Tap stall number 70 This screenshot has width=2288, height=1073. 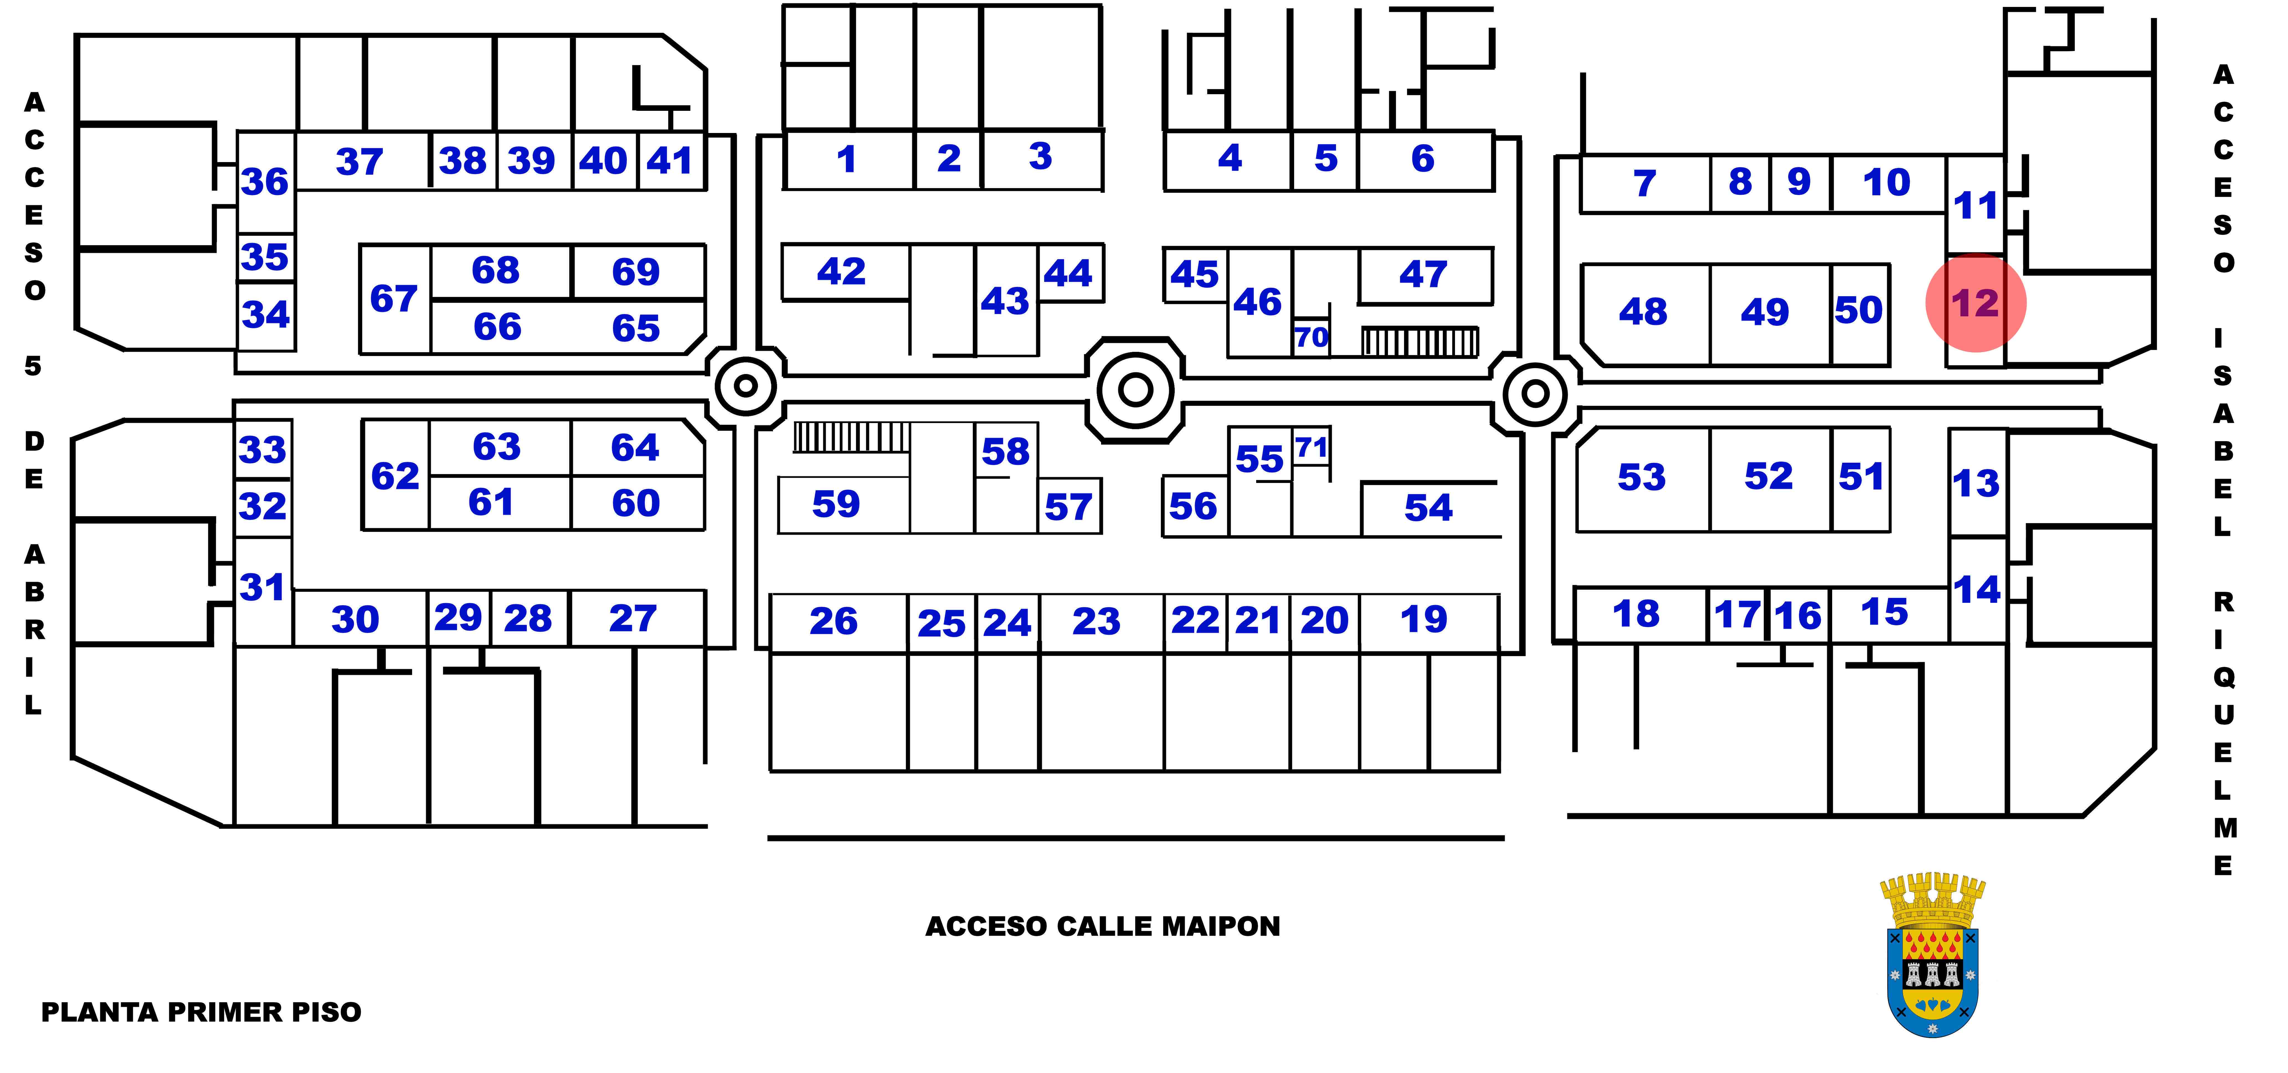pos(1311,337)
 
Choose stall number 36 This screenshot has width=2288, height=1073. pos(265,182)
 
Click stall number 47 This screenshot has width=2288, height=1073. pos(1423,275)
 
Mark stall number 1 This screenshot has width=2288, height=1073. pos(847,160)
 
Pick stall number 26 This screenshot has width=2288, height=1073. pos(833,622)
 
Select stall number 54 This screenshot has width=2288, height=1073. pos(1428,508)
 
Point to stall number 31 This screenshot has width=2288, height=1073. pos(262,587)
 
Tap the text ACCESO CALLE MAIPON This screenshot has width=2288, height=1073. pos(1102,926)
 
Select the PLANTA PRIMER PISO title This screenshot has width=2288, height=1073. pos(202,1013)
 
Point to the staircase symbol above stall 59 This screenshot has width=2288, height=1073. pos(851,437)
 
